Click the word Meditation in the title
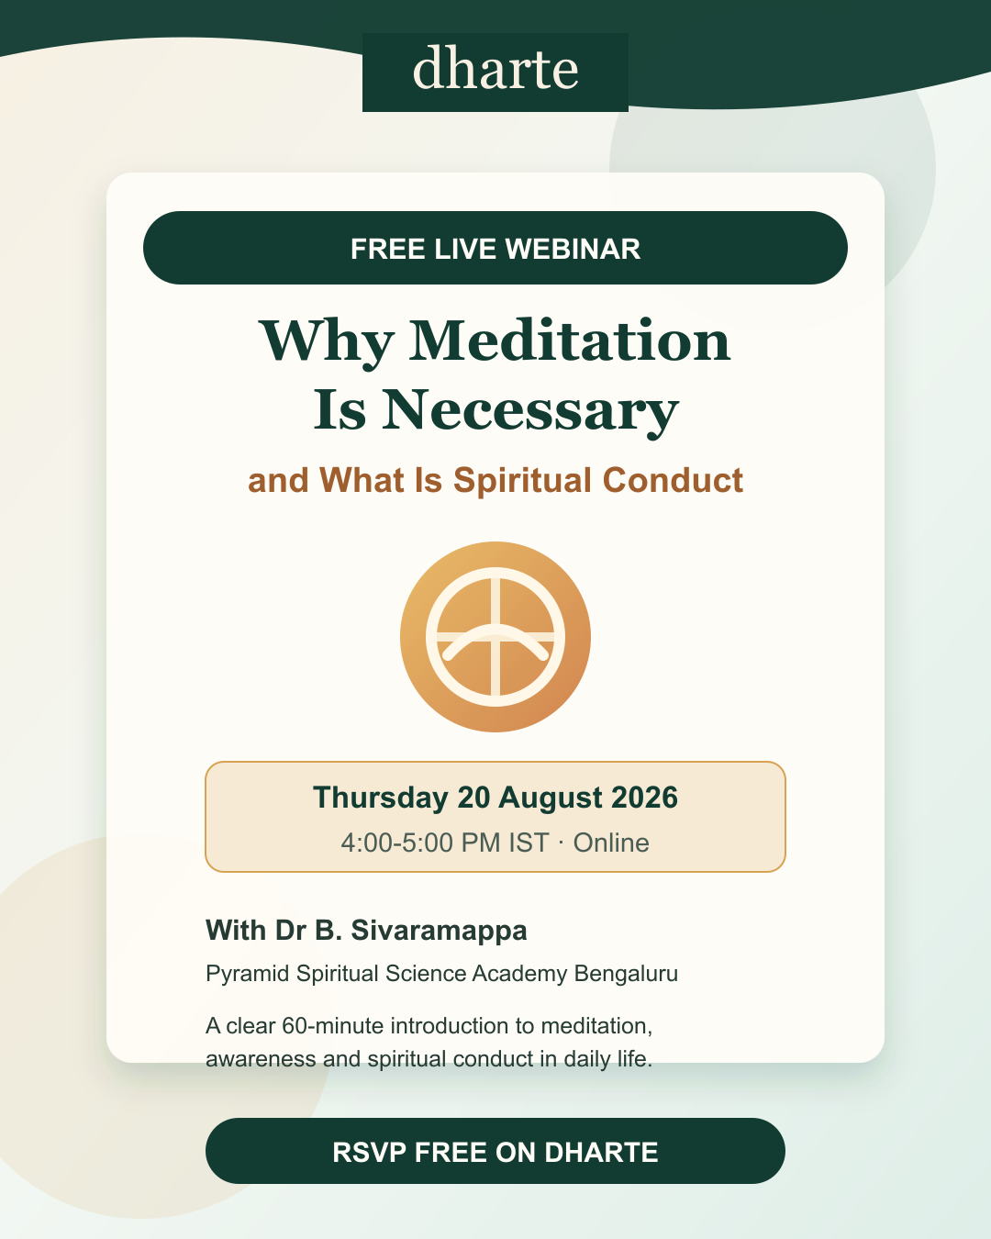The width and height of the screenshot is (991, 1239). click(x=570, y=341)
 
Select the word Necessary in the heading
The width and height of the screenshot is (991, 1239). click(x=530, y=409)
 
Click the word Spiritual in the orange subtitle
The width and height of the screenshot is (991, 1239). click(x=522, y=480)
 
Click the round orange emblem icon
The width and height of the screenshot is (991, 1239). click(x=495, y=636)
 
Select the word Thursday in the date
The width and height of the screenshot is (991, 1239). click(x=381, y=798)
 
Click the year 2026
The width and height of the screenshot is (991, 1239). click(x=644, y=798)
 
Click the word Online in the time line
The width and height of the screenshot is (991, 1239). click(x=611, y=843)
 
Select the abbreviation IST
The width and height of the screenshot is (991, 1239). click(x=528, y=843)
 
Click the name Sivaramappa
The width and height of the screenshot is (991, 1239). click(x=439, y=931)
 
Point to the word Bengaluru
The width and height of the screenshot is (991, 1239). click(x=626, y=974)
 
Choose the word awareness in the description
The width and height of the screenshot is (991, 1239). click(x=261, y=1059)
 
